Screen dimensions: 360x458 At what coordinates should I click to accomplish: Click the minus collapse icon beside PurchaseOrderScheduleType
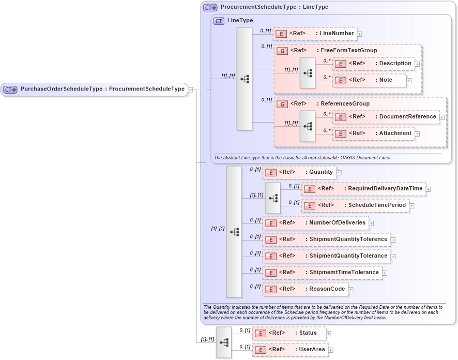(x=191, y=89)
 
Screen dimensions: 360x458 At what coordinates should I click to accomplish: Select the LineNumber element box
(x=315, y=34)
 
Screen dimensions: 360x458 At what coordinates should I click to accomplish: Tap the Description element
(x=374, y=64)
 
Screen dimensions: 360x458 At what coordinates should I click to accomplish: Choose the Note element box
(x=370, y=80)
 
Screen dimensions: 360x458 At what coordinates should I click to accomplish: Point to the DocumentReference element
(x=386, y=117)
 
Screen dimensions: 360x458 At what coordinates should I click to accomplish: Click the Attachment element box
(x=374, y=133)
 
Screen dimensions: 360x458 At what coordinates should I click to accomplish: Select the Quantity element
(x=299, y=172)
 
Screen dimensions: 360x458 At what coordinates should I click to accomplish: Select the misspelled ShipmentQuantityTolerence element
(x=326, y=239)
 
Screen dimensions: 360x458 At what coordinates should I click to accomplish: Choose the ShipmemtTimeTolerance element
(x=322, y=273)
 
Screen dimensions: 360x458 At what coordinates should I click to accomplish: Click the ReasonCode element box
(x=305, y=289)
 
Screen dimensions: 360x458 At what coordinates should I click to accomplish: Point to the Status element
(x=289, y=333)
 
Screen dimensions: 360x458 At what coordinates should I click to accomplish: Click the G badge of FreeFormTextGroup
(x=282, y=51)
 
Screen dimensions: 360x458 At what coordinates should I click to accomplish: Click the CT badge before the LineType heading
(x=219, y=21)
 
